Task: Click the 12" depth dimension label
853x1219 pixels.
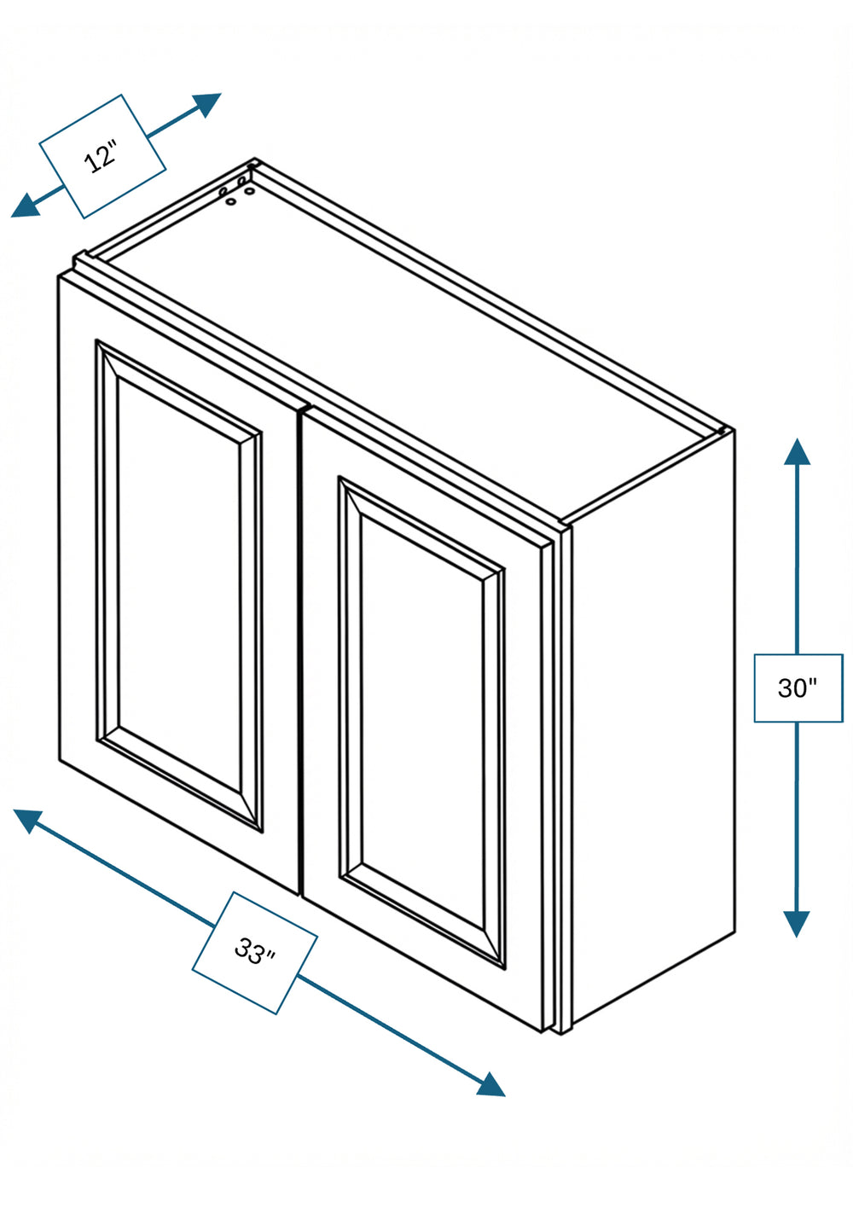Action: [102, 156]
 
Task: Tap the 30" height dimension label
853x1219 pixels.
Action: [798, 688]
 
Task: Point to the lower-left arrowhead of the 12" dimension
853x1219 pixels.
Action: [25, 206]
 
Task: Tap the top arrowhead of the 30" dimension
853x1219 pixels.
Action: [798, 451]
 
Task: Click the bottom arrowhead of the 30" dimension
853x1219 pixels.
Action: [798, 924]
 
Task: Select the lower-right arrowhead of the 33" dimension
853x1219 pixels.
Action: [490, 1084]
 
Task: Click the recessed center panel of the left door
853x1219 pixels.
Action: [179, 586]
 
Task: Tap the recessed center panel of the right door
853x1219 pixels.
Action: [422, 723]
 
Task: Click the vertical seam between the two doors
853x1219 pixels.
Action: [300, 653]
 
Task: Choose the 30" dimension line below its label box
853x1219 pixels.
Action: [798, 817]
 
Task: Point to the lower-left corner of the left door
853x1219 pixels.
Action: [60, 760]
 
